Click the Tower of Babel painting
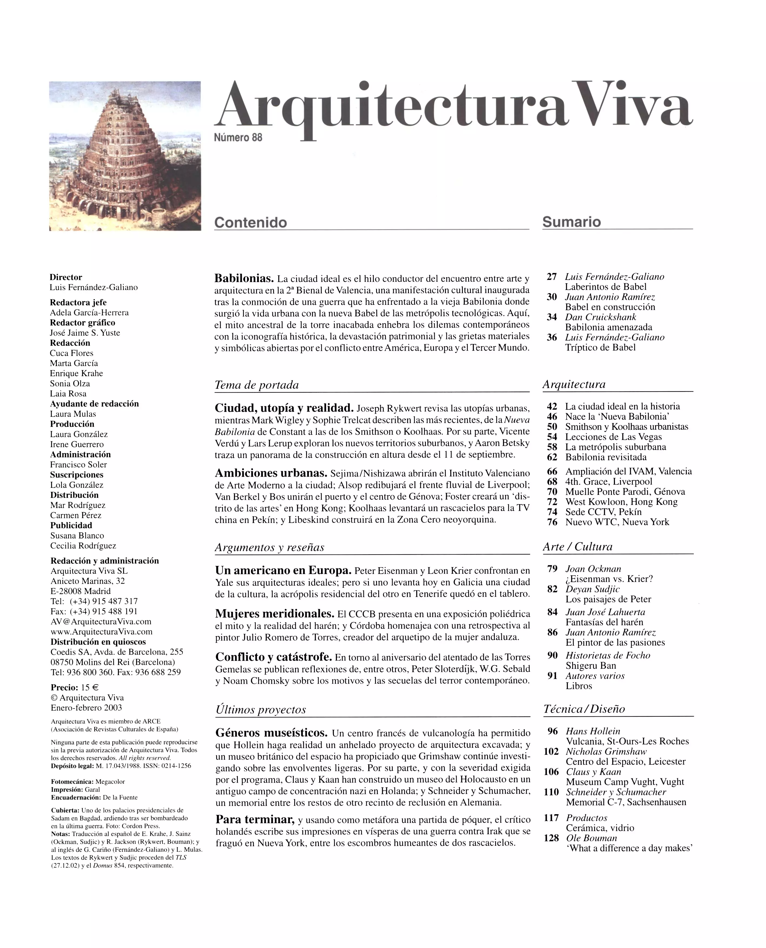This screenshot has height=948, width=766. [x=125, y=156]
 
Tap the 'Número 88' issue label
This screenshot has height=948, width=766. [x=238, y=138]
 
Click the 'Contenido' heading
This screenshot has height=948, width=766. [x=250, y=222]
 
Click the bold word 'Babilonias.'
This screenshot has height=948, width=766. [x=244, y=279]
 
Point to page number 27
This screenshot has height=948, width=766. [x=551, y=277]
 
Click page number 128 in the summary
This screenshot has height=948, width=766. [x=551, y=838]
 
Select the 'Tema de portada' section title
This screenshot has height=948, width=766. [x=256, y=385]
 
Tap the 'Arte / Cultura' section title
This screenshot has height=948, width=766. [x=577, y=546]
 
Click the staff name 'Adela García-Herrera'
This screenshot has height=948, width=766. [x=89, y=312]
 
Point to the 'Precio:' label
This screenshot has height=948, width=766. [x=64, y=687]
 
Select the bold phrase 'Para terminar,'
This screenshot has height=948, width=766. [x=255, y=820]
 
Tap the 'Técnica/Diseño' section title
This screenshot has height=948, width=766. [x=584, y=709]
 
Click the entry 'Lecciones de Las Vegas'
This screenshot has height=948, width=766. [x=613, y=437]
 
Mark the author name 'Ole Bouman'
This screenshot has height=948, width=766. [x=591, y=838]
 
